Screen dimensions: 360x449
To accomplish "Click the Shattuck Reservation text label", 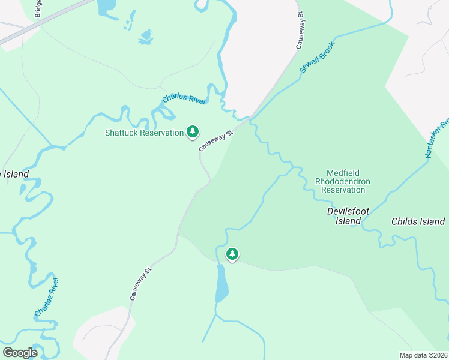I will [144, 133].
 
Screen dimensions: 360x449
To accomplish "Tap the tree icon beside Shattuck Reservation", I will [193, 131].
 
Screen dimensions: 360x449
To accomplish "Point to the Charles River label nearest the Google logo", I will [46, 298].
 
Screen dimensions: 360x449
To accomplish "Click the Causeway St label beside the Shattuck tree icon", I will [216, 141].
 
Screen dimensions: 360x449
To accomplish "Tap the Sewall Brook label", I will [317, 58].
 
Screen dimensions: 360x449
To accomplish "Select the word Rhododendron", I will [344, 181].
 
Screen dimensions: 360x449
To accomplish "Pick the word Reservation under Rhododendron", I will [343, 190].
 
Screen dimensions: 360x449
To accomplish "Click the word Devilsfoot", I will [348, 211].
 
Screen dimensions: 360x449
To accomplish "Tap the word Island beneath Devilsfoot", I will [348, 221].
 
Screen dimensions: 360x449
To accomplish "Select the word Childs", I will [405, 221].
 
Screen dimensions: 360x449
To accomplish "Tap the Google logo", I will [20, 352].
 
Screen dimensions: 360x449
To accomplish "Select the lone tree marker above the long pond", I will [232, 254].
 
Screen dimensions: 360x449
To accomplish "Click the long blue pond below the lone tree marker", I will [221, 283].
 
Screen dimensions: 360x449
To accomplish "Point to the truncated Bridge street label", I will [38, 8].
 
